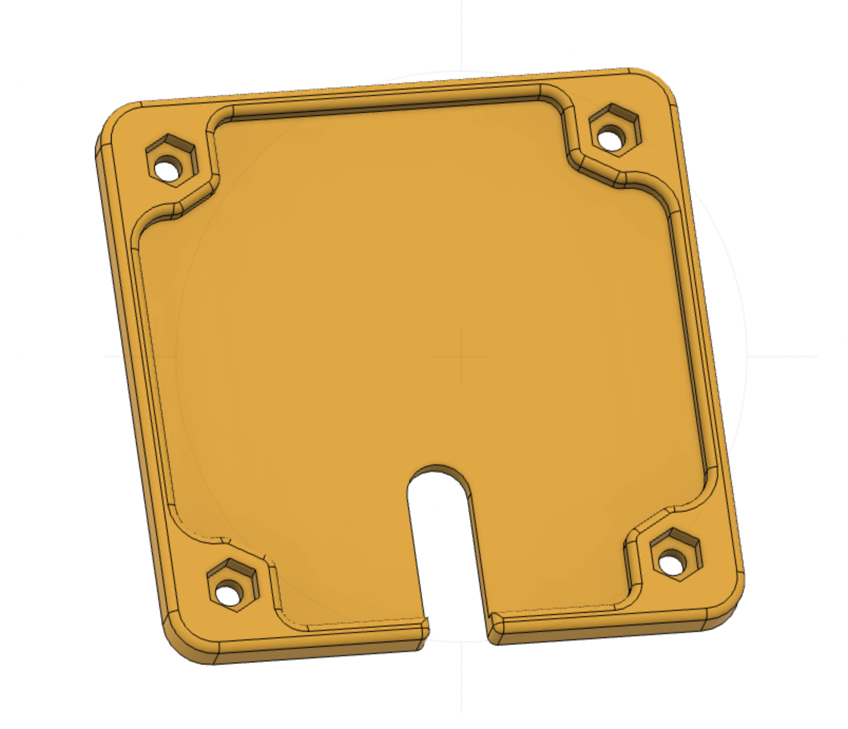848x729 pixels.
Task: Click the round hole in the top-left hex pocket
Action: tap(168, 170)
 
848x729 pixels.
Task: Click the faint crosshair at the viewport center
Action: tap(461, 357)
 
